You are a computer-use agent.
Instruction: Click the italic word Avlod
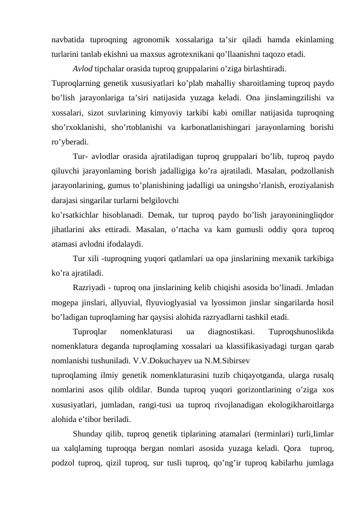[x=82, y=68]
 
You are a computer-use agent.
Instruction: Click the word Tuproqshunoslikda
[x=303, y=331]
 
